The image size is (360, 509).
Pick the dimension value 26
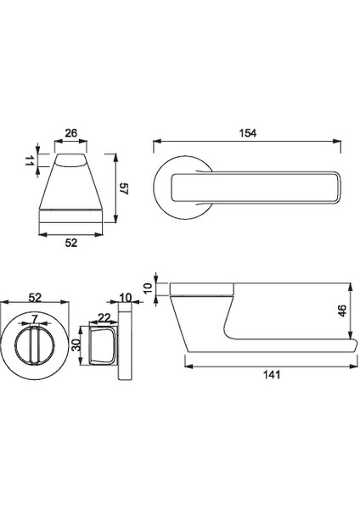(71, 133)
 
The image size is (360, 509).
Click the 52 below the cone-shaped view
(71, 243)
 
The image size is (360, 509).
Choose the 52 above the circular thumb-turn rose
(36, 298)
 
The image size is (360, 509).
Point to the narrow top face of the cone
(71, 159)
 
